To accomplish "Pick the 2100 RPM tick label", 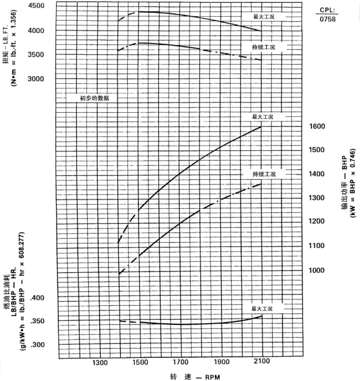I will coord(261,363).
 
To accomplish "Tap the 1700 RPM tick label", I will coord(180,363).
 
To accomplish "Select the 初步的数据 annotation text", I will coord(95,98).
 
